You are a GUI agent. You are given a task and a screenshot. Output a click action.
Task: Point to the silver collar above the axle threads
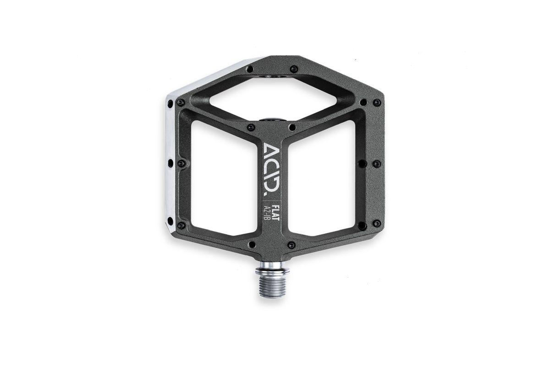point(273,271)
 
